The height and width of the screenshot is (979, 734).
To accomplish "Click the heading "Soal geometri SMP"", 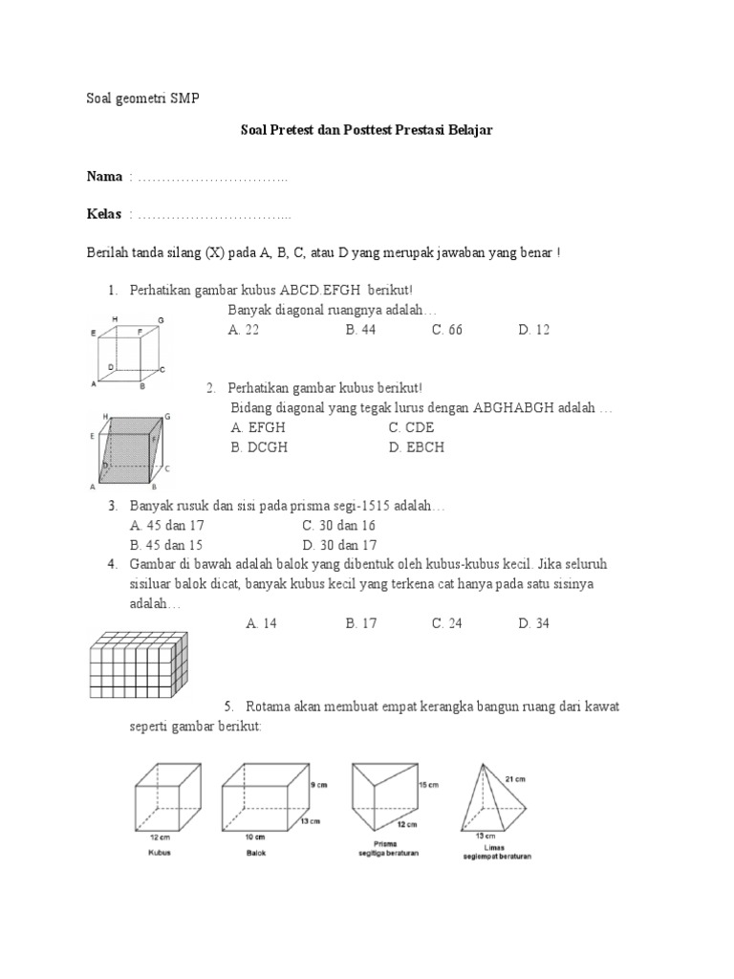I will click(x=138, y=99).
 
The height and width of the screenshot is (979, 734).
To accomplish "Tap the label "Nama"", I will click(x=105, y=177).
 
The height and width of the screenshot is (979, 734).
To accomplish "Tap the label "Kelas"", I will click(x=105, y=214).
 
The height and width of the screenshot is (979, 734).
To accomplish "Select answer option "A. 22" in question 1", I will click(x=244, y=330).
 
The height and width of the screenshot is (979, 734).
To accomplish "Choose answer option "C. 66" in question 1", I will click(x=446, y=330).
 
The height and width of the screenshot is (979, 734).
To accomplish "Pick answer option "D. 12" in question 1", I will click(x=534, y=330).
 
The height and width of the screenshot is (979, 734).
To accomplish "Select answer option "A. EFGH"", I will click(x=258, y=428).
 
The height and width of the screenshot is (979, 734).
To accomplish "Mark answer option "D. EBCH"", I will click(x=418, y=446).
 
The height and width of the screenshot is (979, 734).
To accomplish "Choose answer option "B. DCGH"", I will click(x=259, y=446).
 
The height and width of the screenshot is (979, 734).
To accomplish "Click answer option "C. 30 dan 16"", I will click(x=338, y=526).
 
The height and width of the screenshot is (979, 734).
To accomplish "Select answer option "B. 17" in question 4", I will click(x=361, y=623).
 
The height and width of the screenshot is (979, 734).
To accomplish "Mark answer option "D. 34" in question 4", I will click(x=534, y=623).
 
